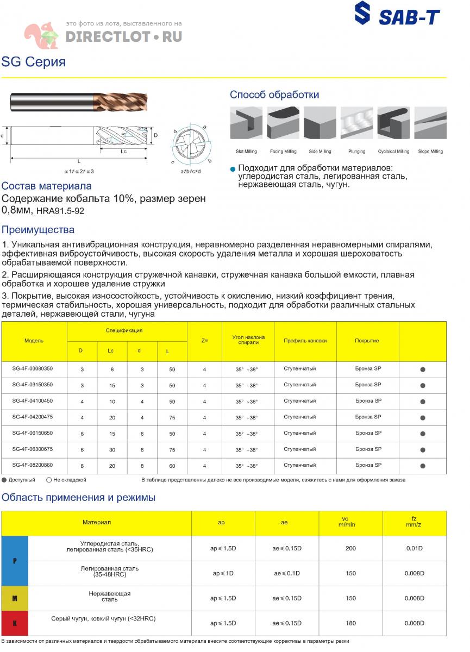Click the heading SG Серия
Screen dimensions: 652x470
click(34, 62)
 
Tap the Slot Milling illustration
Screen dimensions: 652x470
click(246, 123)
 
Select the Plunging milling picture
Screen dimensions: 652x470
click(356, 123)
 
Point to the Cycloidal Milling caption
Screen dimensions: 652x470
click(393, 152)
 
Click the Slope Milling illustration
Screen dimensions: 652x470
click(430, 123)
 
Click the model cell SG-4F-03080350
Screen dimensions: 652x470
click(33, 368)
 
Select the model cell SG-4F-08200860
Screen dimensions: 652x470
click(33, 465)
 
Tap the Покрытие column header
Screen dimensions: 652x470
click(367, 341)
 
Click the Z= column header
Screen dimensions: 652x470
click(204, 341)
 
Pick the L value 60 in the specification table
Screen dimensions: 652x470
click(172, 466)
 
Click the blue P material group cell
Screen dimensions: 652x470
click(15, 561)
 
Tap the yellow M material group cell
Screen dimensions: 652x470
click(15, 598)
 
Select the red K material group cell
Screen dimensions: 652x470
click(15, 623)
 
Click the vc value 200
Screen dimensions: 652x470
click(350, 548)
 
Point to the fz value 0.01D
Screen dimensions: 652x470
click(415, 548)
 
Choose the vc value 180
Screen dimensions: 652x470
click(350, 623)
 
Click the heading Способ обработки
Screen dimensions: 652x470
click(274, 95)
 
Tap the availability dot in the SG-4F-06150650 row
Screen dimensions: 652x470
click(423, 434)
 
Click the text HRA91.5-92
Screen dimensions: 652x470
click(60, 210)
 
